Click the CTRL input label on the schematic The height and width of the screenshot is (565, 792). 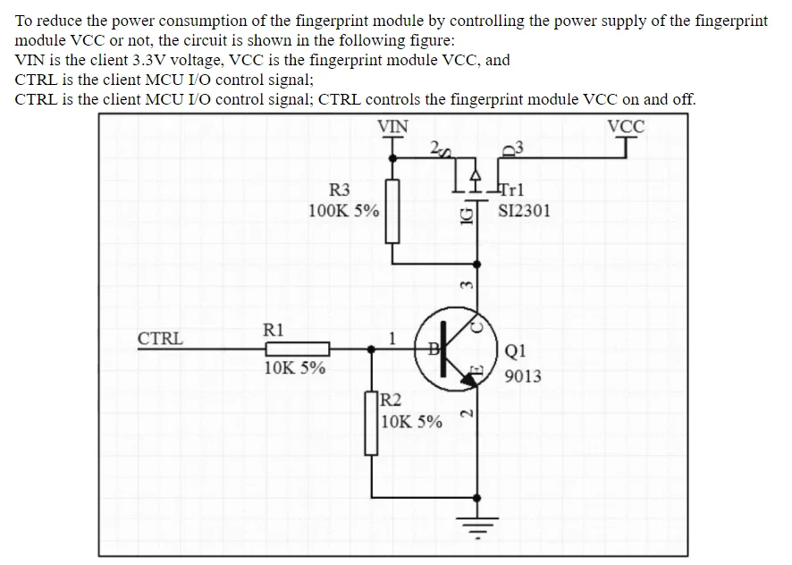coord(160,339)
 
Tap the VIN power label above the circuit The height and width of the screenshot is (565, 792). coord(392,126)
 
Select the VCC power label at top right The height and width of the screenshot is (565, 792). coord(626,126)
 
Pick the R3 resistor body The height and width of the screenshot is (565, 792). coord(392,211)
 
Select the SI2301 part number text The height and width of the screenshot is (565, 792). coord(524,211)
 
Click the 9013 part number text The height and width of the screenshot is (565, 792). coord(523,375)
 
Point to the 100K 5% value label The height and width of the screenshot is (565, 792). coord(343,211)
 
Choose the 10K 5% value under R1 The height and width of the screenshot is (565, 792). coord(295,367)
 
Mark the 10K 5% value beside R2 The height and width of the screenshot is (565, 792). coord(411,421)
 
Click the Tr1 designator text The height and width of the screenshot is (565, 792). coord(513,190)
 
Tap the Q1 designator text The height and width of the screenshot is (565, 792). coord(516,351)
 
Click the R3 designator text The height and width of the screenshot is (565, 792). coord(340,190)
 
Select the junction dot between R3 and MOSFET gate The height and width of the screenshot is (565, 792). coord(478,264)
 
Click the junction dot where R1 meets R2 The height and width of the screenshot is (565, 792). coord(371,349)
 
